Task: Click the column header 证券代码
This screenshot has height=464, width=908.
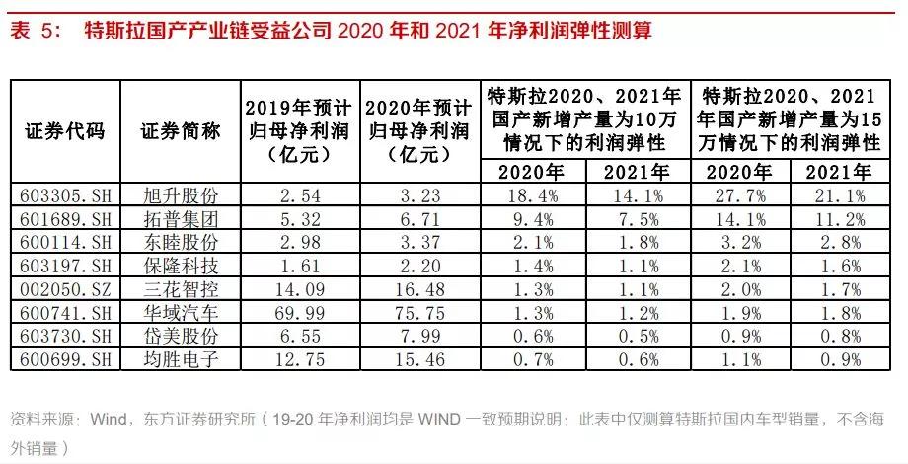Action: [x=64, y=129]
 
